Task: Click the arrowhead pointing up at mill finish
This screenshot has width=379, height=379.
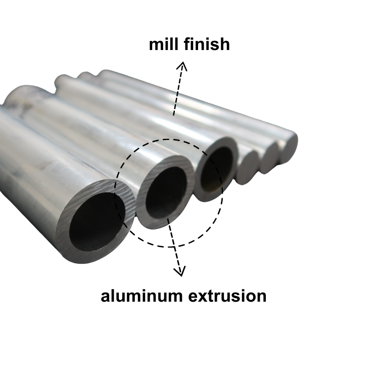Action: [x=182, y=65]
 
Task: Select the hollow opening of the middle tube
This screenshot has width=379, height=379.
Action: [x=165, y=192]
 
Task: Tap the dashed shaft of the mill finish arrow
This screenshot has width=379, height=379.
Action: [x=178, y=91]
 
